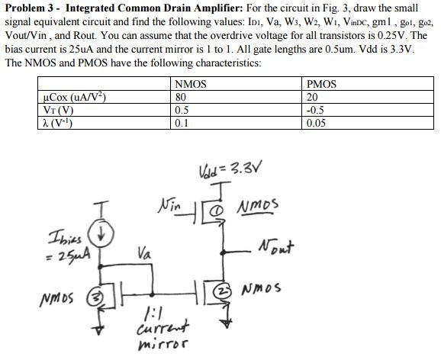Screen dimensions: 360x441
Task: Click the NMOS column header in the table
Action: [x=188, y=84]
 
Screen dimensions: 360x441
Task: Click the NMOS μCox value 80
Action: [x=180, y=96]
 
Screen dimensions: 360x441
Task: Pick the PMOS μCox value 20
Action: [x=311, y=96]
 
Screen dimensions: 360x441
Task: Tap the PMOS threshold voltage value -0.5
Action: [x=314, y=108]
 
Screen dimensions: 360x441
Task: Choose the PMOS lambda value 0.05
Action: [x=314, y=121]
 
